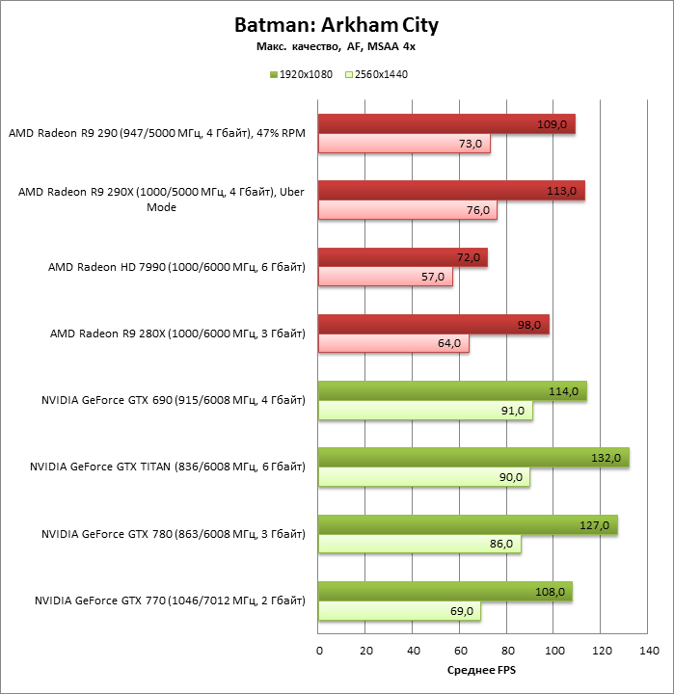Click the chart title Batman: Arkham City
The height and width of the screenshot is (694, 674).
[336, 23]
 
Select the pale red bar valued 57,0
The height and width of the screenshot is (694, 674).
[385, 277]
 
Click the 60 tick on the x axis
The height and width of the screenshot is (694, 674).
[461, 652]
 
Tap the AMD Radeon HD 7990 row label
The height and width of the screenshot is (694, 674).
[176, 267]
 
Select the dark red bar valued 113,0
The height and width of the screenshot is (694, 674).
[450, 191]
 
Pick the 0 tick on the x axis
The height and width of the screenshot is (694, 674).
[319, 652]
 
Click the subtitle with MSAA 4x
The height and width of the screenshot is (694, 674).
[336, 46]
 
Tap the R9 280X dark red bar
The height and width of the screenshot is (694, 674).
[433, 325]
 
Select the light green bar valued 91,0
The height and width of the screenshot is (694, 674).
[424, 411]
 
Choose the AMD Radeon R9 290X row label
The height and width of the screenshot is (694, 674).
[161, 200]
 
